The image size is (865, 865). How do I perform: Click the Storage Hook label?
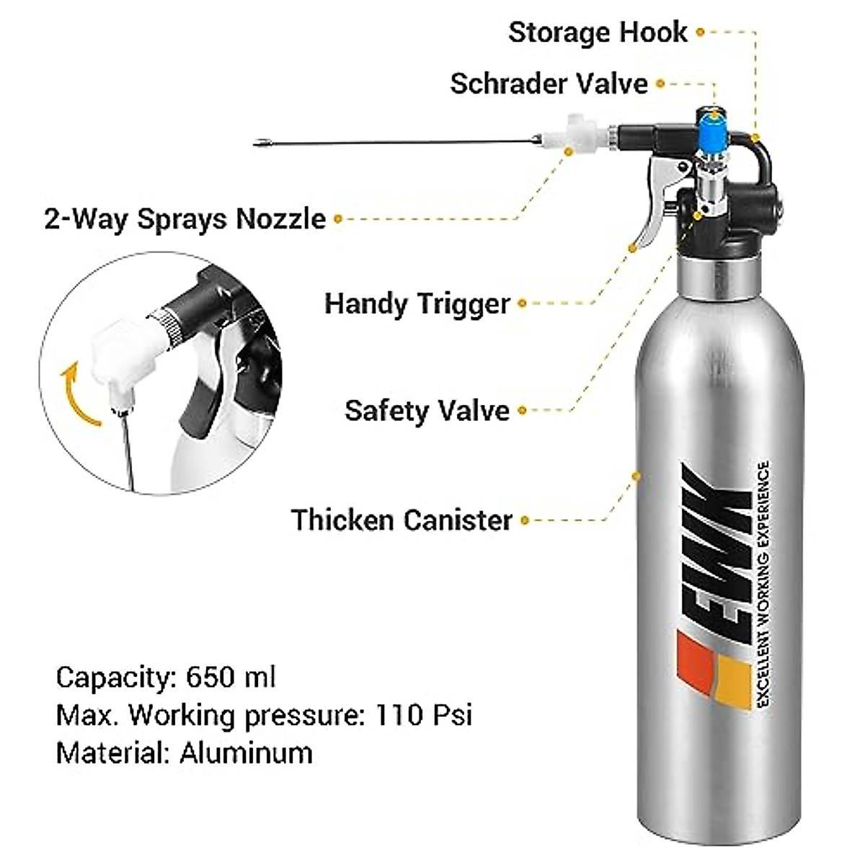coord(598,32)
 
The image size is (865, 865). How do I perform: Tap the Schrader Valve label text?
coord(549,84)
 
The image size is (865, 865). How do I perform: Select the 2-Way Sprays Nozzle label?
coord(185,218)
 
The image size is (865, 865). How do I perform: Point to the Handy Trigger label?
coord(417,303)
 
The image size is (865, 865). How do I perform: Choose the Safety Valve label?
coord(427,411)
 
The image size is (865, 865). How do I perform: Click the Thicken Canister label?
coord(402,520)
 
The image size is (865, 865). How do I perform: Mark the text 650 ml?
coord(231,678)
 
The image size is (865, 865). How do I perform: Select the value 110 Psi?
coord(423,716)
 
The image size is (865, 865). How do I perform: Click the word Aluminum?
coord(246,753)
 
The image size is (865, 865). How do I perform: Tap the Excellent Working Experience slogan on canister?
coord(761,584)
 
